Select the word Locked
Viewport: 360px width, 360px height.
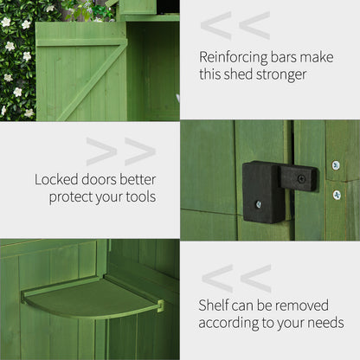pyautogui.click(x=56, y=180)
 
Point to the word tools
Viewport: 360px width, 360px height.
pyautogui.click(x=138, y=197)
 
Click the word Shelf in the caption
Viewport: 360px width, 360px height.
pyautogui.click(x=215, y=305)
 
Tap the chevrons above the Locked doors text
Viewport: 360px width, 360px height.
pyautogui.click(x=120, y=151)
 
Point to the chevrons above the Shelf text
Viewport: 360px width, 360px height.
pyautogui.click(x=236, y=279)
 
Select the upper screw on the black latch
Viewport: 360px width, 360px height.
pyautogui.click(x=301, y=179)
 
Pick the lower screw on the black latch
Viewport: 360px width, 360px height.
pyautogui.click(x=258, y=204)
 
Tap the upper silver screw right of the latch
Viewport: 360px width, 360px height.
pyautogui.click(x=336, y=165)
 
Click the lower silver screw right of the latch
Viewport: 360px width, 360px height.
pyautogui.click(x=337, y=195)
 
